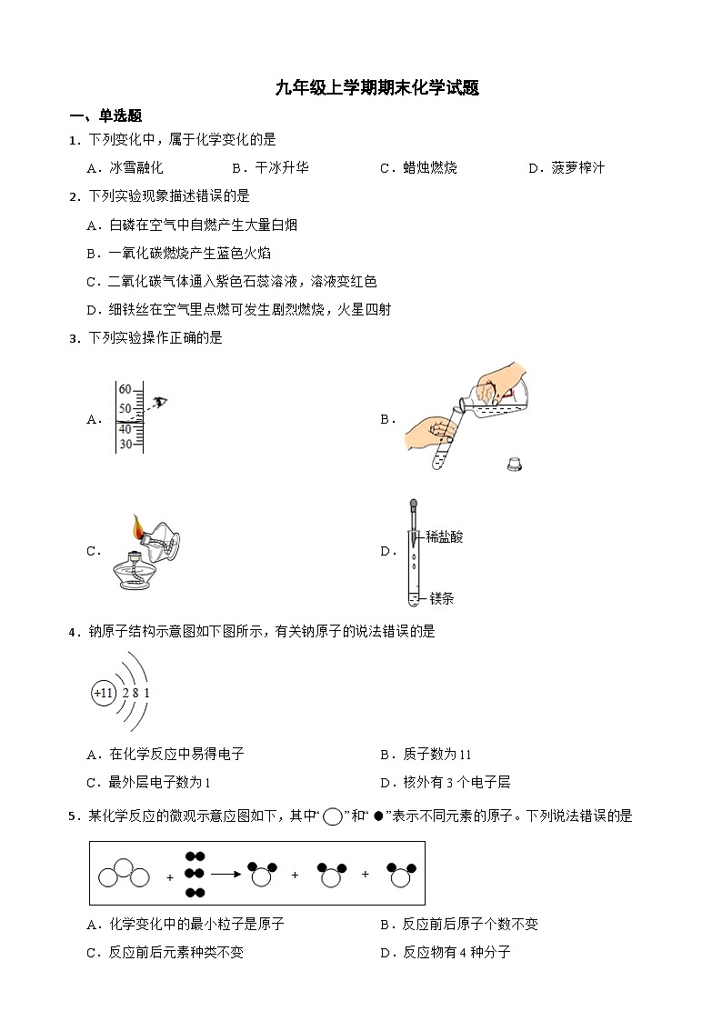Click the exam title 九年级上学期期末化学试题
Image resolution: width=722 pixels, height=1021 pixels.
coord(377,88)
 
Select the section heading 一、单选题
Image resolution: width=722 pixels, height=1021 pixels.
coord(105,115)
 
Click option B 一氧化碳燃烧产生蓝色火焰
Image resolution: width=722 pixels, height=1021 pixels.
coord(179,253)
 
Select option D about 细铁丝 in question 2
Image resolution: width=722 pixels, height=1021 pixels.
coord(239,309)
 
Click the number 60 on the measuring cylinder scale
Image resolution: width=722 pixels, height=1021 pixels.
coord(125,389)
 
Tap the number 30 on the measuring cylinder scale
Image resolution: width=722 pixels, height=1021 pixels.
coord(125,444)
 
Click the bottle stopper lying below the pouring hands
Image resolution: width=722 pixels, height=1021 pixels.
coord(516,465)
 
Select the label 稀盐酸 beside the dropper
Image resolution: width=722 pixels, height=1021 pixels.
coord(444,537)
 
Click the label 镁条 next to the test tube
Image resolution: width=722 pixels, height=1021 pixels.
coord(441,598)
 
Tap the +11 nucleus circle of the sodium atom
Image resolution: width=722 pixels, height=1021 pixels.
coord(104,693)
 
